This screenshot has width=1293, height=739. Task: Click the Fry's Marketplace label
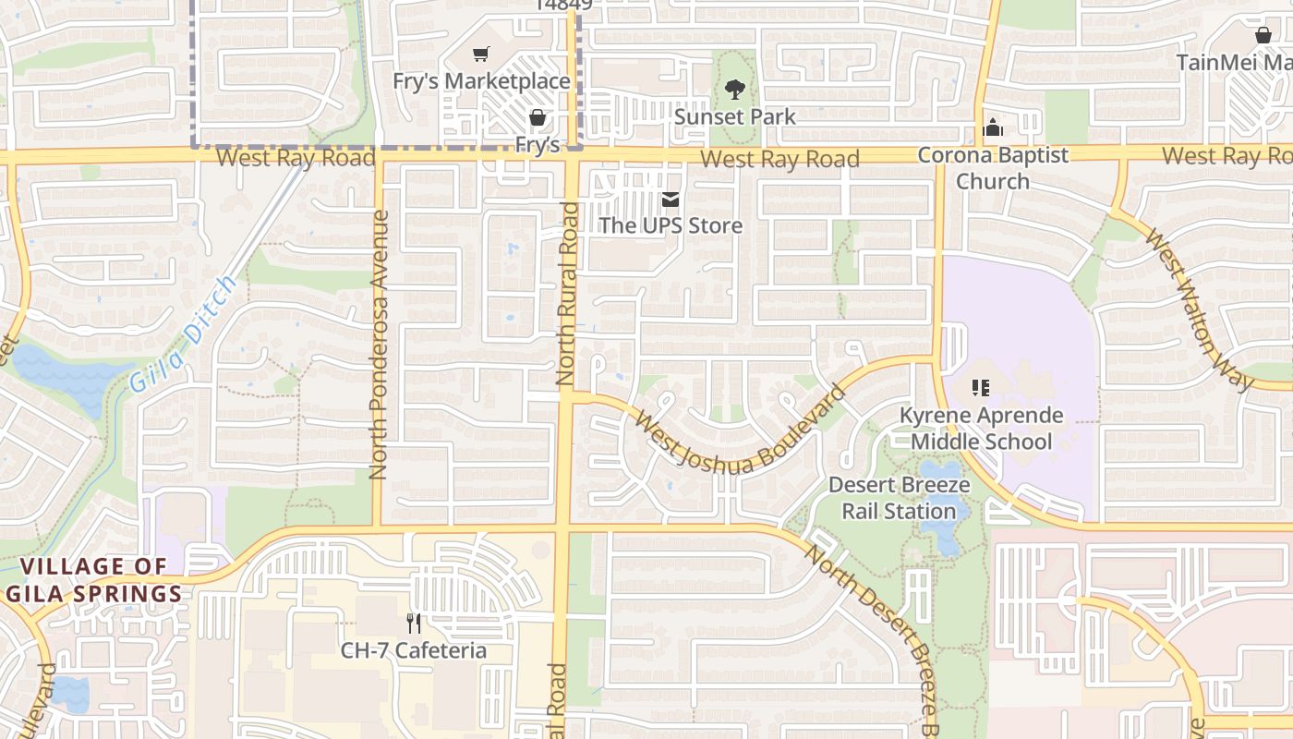tap(481, 81)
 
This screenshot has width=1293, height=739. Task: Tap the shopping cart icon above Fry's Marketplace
tap(480, 55)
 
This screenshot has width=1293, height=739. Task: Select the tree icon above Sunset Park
tap(735, 90)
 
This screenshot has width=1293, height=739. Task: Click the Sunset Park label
tap(735, 117)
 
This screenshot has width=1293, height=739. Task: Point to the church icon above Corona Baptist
tap(993, 127)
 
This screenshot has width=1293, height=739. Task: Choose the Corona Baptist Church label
tap(993, 168)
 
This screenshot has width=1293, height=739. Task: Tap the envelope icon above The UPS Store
tap(671, 199)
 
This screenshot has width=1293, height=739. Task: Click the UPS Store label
tap(671, 225)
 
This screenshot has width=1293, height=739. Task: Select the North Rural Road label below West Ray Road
tap(567, 294)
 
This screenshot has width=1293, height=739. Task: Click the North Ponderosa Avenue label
tap(378, 345)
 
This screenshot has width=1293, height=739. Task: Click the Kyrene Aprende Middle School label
tap(981, 429)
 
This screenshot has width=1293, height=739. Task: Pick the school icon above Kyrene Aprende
tap(980, 388)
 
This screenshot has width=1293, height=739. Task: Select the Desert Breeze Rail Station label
tap(899, 498)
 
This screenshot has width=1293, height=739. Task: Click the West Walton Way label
tap(1197, 309)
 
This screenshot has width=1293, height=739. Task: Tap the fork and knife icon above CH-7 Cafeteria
tap(414, 624)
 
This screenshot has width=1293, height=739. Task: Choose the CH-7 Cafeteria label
tap(414, 650)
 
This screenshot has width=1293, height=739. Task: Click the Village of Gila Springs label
tap(94, 580)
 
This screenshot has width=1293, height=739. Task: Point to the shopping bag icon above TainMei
tap(1263, 35)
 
